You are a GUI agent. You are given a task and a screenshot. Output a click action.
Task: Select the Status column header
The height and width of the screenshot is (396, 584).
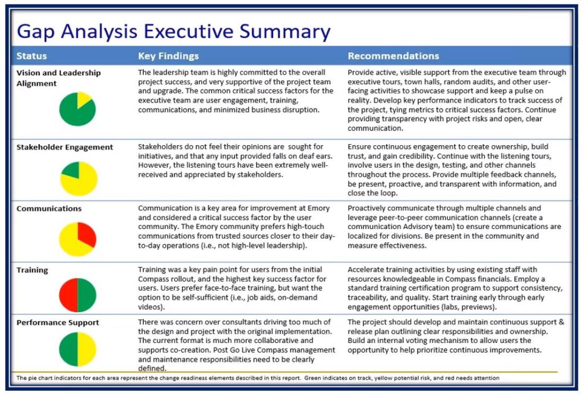31,56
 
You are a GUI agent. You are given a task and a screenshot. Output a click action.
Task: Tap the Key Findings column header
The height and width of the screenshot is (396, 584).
168,56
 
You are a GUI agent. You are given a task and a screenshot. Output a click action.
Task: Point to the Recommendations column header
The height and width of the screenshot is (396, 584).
394,56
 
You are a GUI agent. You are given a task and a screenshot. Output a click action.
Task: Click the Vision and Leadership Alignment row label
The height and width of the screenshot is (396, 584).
58,78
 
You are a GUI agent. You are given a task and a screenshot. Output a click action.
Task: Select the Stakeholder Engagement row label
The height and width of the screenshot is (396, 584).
64,147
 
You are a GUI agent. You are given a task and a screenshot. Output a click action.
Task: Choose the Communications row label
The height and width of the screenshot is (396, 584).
49,209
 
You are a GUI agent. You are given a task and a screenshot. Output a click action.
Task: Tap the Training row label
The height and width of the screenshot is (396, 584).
32,270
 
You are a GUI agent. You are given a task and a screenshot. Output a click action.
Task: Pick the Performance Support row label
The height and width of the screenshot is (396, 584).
58,322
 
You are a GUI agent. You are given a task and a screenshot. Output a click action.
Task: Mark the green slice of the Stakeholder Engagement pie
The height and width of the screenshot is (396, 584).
72,170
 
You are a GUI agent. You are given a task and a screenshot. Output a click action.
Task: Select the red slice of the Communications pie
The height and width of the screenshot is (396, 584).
86,234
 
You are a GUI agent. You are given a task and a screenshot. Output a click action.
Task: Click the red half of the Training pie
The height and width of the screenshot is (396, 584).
68,295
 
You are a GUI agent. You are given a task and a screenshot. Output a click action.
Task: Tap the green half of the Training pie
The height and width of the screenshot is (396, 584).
87,295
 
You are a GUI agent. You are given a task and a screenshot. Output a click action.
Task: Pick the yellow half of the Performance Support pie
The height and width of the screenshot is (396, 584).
87,349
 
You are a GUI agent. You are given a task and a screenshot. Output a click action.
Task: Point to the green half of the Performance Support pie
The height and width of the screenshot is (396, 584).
68,349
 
